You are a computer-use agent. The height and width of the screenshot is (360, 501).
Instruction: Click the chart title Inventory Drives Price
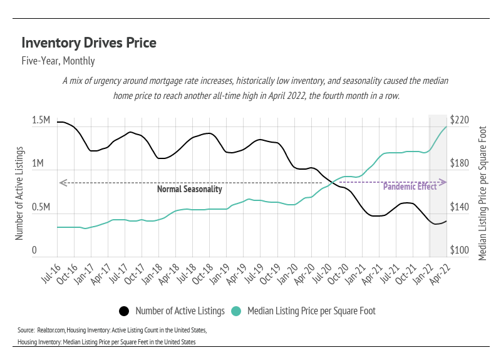pyautogui.click(x=88, y=43)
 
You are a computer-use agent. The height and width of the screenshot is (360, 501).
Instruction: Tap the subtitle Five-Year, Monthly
pyautogui.click(x=58, y=61)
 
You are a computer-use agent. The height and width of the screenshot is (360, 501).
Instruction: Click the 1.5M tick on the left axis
pyautogui.click(x=41, y=120)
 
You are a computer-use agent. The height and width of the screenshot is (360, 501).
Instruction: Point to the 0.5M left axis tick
pyautogui.click(x=41, y=207)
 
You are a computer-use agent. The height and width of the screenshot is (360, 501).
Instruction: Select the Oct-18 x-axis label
pyautogui.click(x=204, y=271)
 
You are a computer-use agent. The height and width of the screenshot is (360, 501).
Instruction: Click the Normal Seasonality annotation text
pyautogui.click(x=189, y=189)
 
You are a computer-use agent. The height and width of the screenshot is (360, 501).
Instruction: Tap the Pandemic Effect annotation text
pyautogui.click(x=410, y=187)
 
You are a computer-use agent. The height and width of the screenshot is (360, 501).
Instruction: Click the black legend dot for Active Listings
pyautogui.click(x=124, y=311)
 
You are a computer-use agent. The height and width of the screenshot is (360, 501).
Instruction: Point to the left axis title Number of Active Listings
pyautogui.click(x=19, y=194)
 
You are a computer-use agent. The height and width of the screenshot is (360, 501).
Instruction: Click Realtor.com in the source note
pyautogui.click(x=54, y=329)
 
